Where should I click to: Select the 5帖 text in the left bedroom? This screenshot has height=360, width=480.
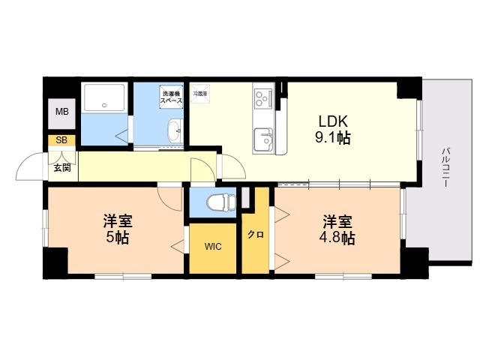118,238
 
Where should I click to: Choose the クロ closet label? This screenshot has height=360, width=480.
256,235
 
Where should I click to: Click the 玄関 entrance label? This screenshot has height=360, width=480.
61,167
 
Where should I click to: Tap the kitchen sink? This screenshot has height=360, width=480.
263,139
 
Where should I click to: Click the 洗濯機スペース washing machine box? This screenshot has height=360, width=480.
171,97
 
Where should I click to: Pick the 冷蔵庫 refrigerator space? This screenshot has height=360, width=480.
200,95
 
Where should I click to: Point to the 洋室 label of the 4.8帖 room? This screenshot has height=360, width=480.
338,222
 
